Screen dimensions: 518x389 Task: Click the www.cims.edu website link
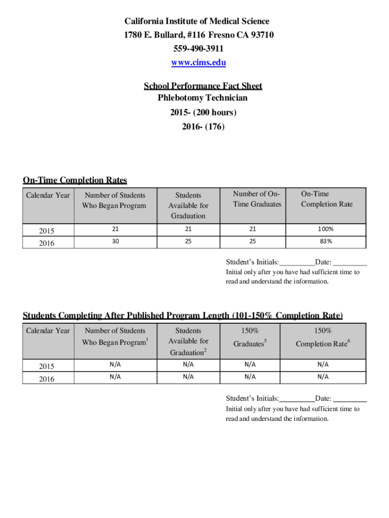[x=199, y=63]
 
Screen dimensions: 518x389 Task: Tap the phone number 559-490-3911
[x=199, y=49]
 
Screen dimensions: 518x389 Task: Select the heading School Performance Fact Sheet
[x=203, y=86]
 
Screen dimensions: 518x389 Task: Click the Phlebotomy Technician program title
[x=203, y=98]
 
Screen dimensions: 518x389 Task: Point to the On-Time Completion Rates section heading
[x=75, y=181]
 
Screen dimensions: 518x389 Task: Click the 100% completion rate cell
[x=326, y=229]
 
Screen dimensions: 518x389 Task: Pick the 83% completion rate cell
[x=326, y=241]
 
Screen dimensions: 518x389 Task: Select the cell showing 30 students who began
[x=116, y=241]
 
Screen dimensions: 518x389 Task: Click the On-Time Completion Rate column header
[x=326, y=199]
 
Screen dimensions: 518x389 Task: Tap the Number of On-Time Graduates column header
[x=257, y=199]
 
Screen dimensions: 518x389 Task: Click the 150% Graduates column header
[x=250, y=337]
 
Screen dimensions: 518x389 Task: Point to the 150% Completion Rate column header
[x=323, y=337]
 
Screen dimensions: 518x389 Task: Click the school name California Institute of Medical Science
[x=198, y=21]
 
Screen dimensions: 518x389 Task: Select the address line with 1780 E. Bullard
[x=199, y=35]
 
